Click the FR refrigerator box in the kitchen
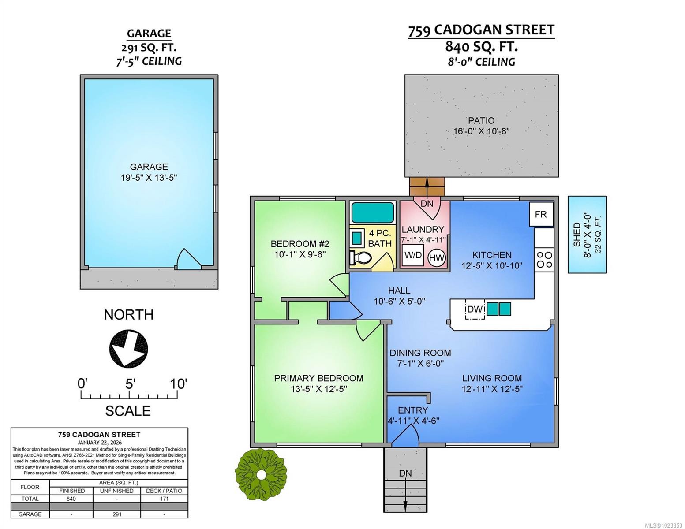point(541,214)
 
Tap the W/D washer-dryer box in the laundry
point(413,255)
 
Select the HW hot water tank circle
point(437,257)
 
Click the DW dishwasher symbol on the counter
point(475,309)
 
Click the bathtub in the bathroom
point(372,212)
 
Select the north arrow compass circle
point(128,348)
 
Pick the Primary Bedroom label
point(318,378)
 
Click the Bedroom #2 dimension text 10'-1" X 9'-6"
point(299,254)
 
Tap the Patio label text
point(481,120)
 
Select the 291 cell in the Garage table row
point(116,514)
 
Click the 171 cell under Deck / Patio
point(164,499)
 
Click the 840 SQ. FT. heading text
point(481,46)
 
